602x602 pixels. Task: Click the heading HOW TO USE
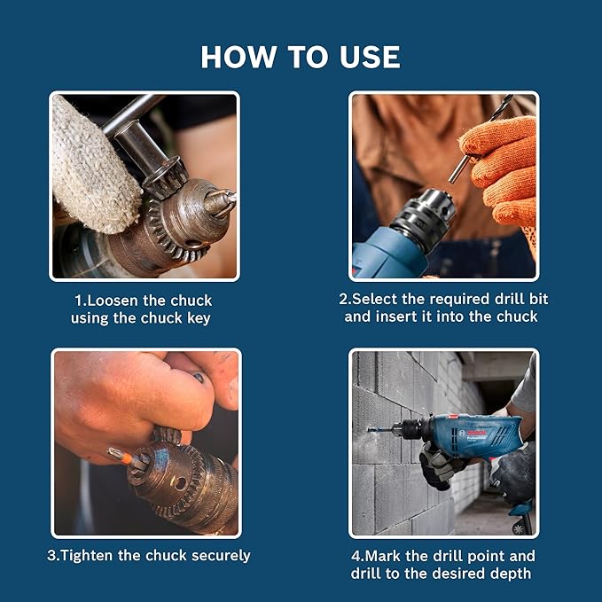301,57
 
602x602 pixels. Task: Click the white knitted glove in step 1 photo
93,164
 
